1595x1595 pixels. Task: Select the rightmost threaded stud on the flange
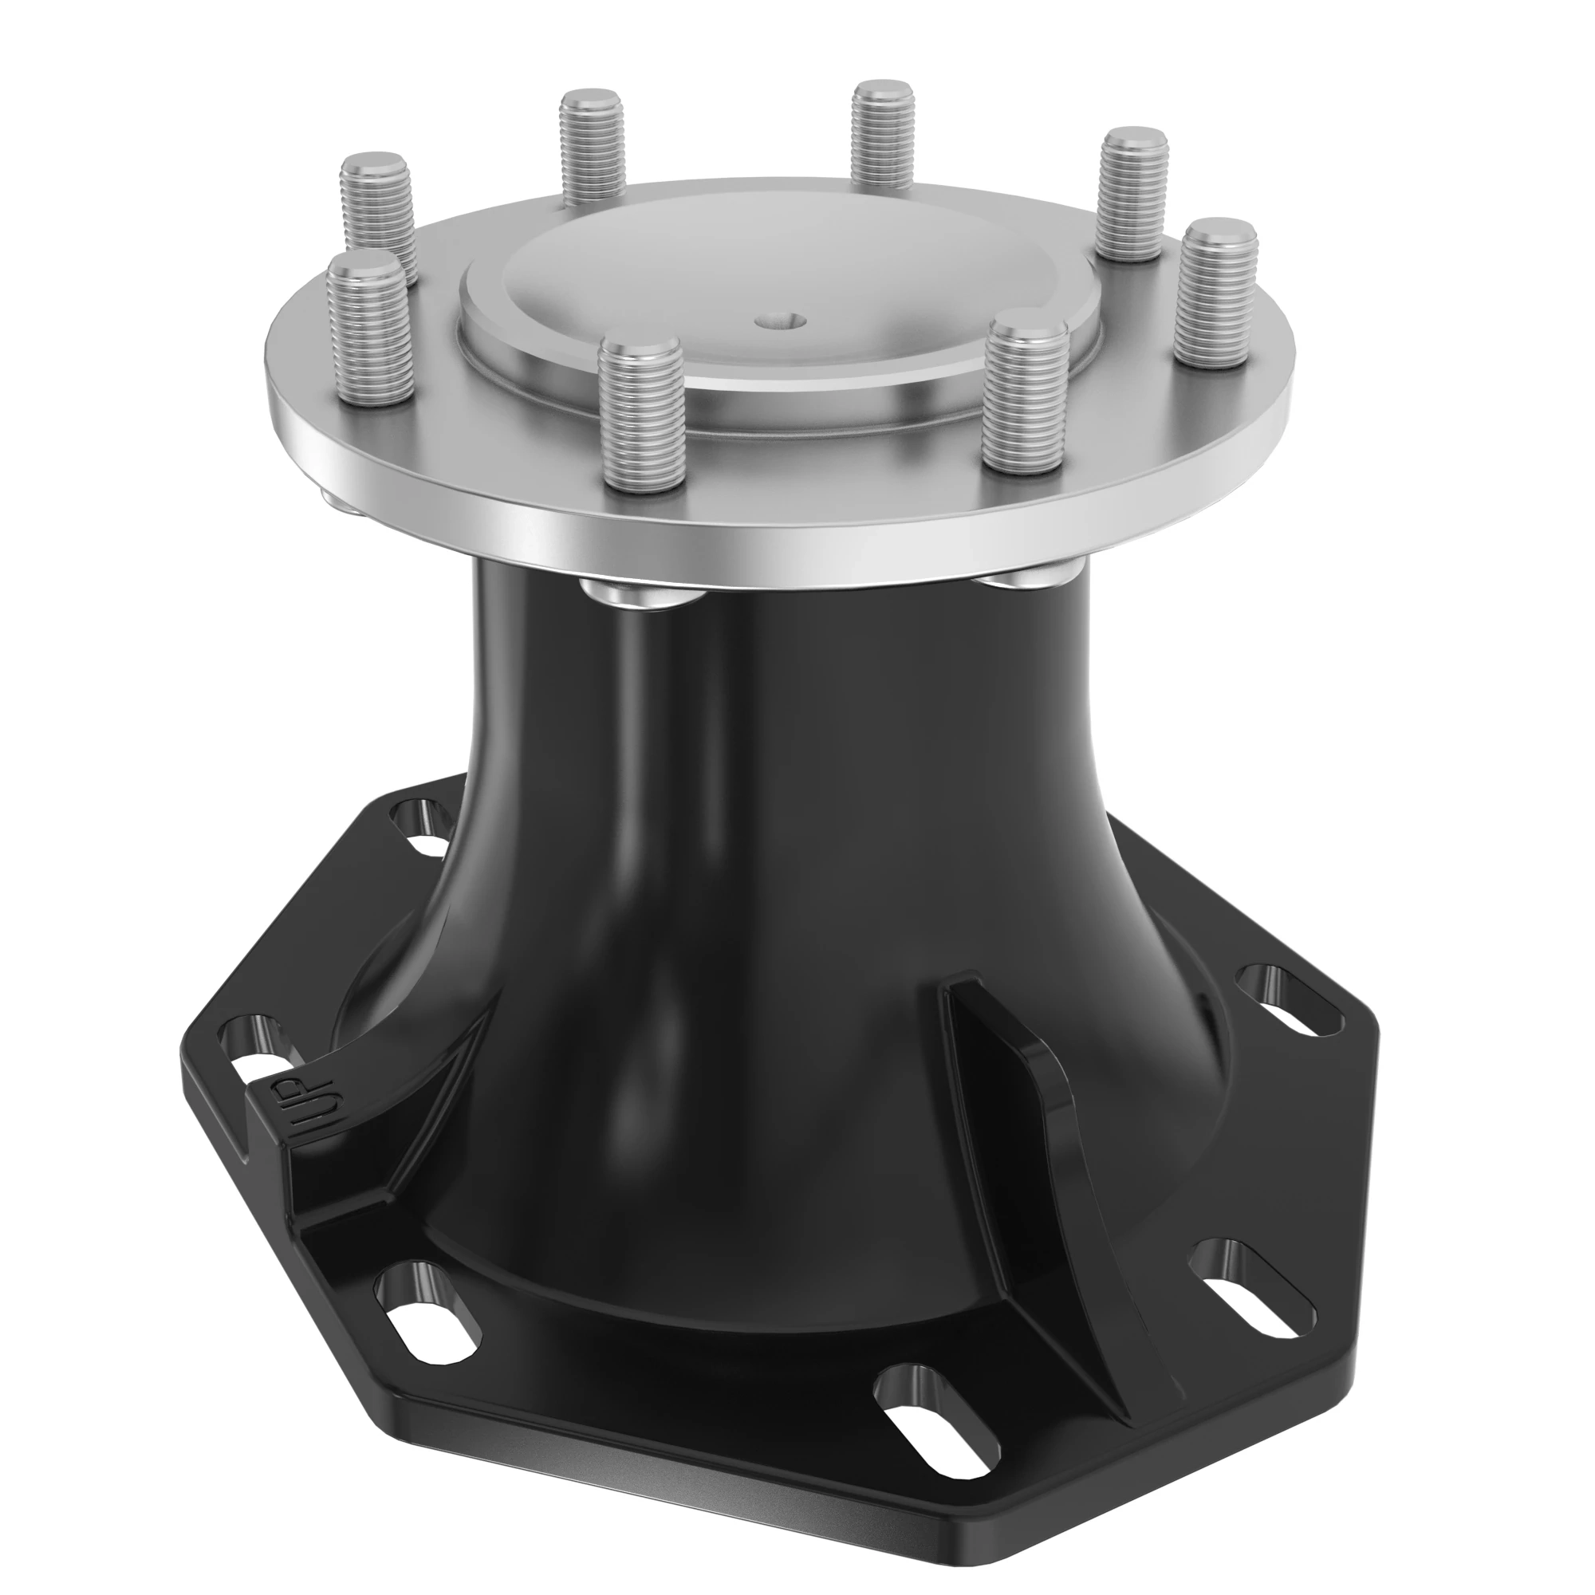pyautogui.click(x=1216, y=291)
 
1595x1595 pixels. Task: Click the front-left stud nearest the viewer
pyautogui.click(x=640, y=416)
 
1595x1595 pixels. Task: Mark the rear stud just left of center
pyautogui.click(x=592, y=145)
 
